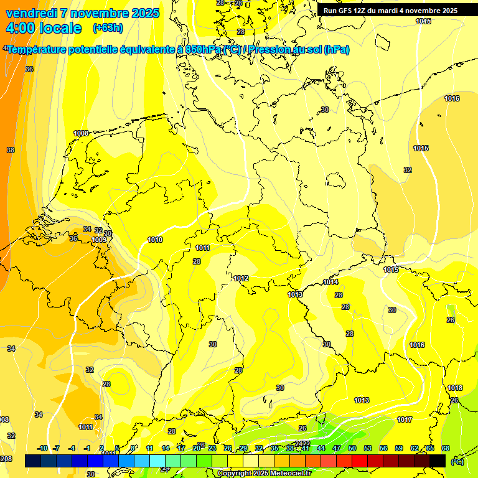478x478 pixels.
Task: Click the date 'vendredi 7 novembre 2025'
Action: point(82,13)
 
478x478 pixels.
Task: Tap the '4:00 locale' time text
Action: point(44,28)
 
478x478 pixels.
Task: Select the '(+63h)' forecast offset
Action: point(108,28)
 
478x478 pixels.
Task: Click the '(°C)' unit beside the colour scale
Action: point(457,462)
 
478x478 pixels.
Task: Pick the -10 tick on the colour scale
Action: point(42,449)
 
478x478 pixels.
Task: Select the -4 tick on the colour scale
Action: point(72,449)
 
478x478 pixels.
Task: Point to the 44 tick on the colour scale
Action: point(321,449)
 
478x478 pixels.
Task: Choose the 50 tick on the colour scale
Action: point(352,449)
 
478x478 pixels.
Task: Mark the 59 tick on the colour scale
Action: point(398,449)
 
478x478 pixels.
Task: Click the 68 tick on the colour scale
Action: point(446,449)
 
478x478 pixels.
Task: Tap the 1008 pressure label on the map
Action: point(81,133)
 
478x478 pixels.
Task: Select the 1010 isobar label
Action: point(155,240)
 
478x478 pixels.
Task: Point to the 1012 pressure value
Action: point(241,278)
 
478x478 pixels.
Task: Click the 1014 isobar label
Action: point(330,282)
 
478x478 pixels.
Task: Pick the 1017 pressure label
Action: point(405,419)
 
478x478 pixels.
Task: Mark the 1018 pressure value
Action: point(455,388)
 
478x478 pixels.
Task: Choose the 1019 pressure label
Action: point(99,240)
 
